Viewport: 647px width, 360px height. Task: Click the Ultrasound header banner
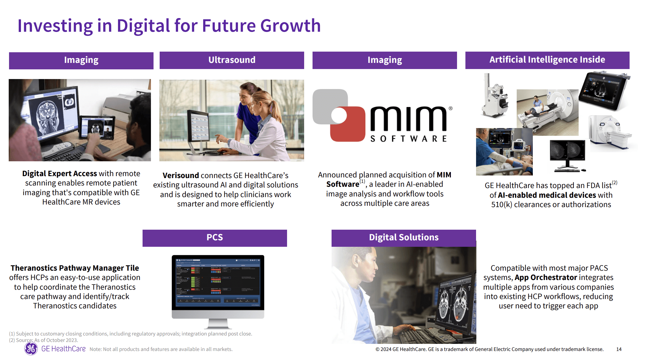point(232,60)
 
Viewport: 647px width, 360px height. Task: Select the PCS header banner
point(214,238)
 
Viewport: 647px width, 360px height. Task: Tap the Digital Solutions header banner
point(403,238)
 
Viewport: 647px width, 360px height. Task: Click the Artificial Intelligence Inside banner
point(547,60)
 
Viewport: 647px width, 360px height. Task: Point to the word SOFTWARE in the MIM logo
point(408,139)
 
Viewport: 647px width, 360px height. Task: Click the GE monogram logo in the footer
point(31,349)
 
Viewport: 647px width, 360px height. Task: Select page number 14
point(619,349)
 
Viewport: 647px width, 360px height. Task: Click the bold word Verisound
point(181,175)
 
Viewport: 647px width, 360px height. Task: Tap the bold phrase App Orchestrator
point(546,277)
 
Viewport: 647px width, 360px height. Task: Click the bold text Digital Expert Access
point(59,174)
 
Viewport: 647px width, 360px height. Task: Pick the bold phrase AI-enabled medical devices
point(547,195)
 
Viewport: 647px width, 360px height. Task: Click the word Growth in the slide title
point(290,26)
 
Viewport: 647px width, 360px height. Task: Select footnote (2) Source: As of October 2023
point(44,340)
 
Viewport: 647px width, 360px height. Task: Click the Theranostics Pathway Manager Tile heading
point(75,268)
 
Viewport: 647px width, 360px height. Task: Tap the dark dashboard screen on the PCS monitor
point(218,282)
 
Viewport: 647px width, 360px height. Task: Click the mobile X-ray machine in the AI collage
point(494,97)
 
